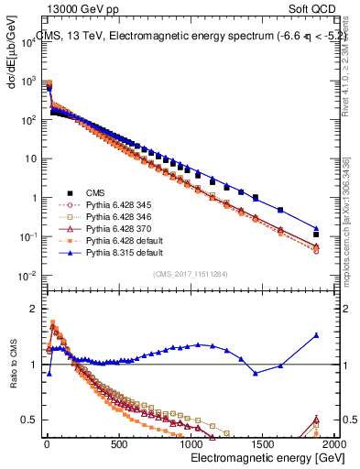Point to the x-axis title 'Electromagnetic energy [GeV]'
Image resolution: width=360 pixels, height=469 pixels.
(254, 458)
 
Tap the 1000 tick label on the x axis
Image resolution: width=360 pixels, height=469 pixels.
(191, 444)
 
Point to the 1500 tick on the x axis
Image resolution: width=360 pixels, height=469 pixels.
(263, 444)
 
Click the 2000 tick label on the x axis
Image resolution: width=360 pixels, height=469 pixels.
(334, 444)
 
